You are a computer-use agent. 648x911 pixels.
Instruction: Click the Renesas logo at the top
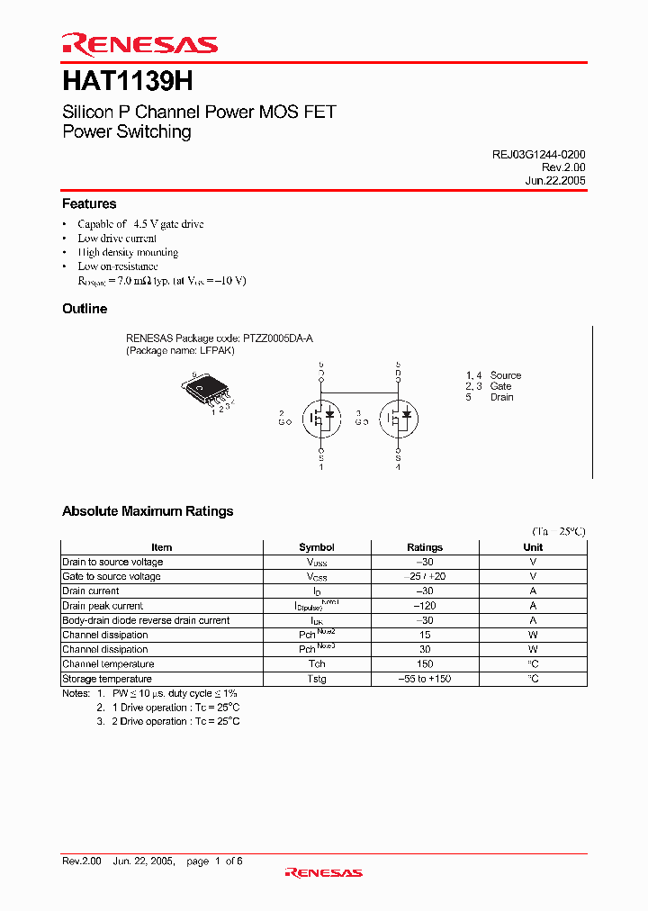point(139,44)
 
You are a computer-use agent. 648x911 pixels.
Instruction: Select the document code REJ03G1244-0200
point(538,155)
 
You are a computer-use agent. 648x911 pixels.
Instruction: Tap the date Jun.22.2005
point(555,180)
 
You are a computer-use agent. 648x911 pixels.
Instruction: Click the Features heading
point(89,204)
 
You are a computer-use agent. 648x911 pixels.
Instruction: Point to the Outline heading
point(85,309)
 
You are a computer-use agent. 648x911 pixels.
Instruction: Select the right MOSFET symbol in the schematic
point(398,416)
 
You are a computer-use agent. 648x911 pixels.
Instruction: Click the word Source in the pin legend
point(506,375)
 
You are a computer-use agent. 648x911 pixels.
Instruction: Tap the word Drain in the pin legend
point(502,397)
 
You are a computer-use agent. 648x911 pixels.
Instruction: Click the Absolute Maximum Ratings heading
point(148,511)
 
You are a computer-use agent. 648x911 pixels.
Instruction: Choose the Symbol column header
point(317,547)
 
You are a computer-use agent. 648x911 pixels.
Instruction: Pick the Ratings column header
point(425,547)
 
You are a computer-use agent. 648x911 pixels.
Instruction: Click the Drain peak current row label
point(103,606)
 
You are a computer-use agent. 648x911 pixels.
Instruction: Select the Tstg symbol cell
point(317,679)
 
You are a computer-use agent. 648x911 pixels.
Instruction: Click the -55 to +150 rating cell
point(425,679)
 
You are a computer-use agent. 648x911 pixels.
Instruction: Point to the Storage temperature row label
point(107,679)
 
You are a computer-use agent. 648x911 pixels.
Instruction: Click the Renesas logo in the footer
point(323,872)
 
